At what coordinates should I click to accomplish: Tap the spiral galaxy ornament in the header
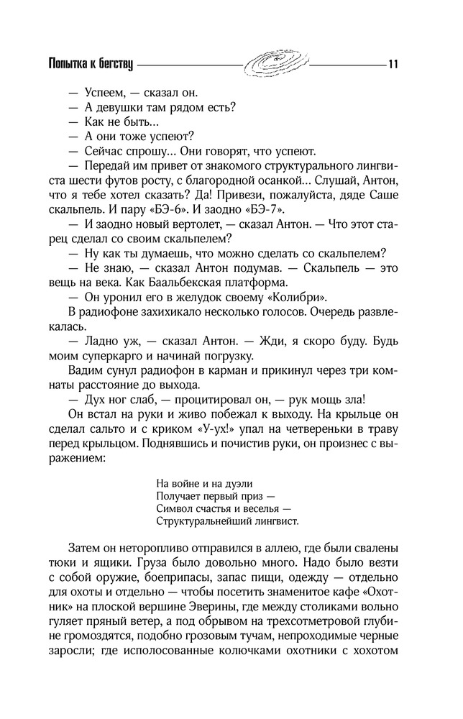coord(277,61)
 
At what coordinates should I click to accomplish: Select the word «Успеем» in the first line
coord(105,93)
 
